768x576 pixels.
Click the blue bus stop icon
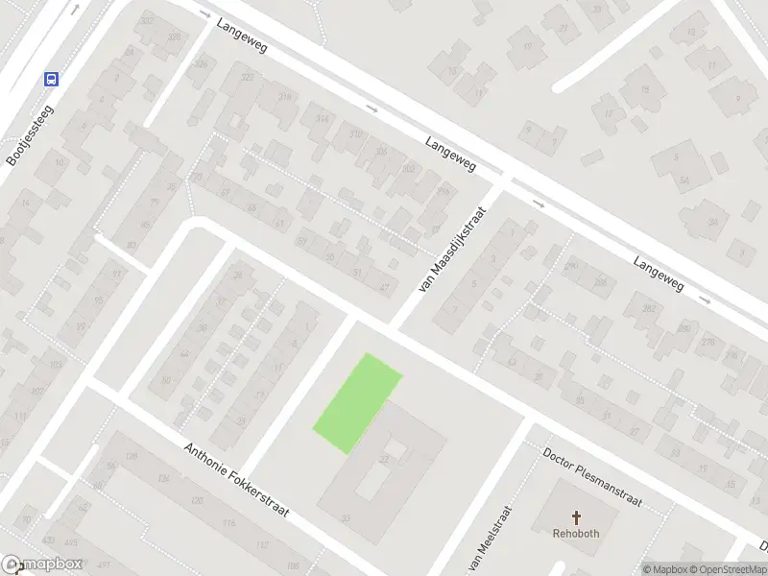click(51, 80)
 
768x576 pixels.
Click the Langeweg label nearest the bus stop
click(241, 40)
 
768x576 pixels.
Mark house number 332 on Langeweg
click(147, 20)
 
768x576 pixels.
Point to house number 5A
click(684, 180)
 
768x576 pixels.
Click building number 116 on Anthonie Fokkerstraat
click(228, 523)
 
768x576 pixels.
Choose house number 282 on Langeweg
click(648, 308)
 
